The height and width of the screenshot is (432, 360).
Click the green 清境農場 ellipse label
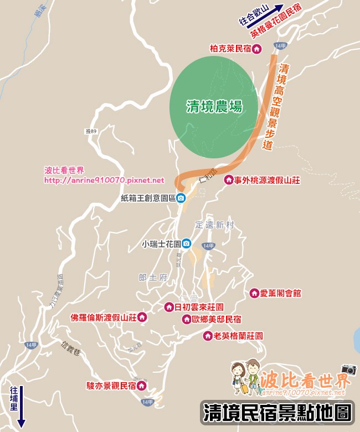(x=213, y=106)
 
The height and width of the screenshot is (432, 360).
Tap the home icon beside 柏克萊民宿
(x=256, y=49)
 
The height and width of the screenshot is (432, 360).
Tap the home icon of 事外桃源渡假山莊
(x=228, y=180)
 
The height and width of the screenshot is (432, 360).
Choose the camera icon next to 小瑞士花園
(x=187, y=244)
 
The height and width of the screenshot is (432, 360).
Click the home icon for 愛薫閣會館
(x=254, y=293)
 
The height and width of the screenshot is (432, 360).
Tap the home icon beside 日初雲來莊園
(x=169, y=307)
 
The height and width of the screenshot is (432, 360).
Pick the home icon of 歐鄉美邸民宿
(x=187, y=319)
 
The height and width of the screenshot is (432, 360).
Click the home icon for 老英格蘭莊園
(x=208, y=336)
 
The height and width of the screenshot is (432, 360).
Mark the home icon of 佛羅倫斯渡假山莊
(x=142, y=317)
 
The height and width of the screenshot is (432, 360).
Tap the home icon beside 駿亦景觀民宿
(x=141, y=385)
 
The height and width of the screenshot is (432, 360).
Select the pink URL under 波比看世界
(x=104, y=180)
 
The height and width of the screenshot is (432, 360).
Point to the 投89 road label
(x=91, y=131)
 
